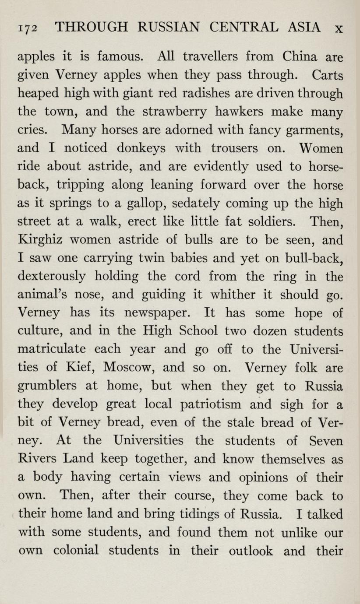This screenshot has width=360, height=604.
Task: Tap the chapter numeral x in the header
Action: tap(338, 29)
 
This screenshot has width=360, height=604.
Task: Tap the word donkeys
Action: tap(137, 149)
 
